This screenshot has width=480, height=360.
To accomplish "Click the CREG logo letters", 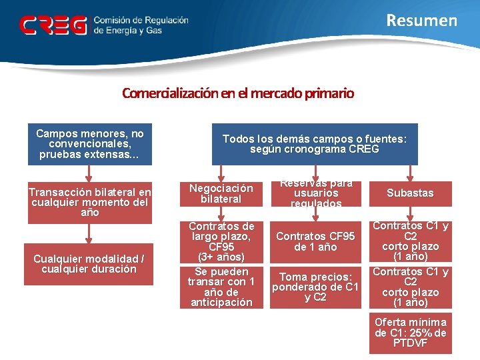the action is [x=53, y=25].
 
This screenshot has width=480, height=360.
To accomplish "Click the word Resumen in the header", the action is [x=422, y=21].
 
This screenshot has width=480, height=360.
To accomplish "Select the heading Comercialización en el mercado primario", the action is [x=238, y=93].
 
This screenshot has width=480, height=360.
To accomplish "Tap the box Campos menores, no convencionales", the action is [x=90, y=144].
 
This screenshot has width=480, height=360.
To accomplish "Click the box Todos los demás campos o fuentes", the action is [x=315, y=144].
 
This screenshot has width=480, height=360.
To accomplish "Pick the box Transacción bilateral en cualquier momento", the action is [x=90, y=202].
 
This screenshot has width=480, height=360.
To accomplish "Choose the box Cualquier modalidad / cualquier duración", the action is [x=90, y=264].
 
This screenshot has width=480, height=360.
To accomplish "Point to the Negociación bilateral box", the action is [x=221, y=193].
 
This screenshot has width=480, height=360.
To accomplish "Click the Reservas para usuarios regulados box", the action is [x=317, y=193].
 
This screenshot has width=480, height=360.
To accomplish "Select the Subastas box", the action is [x=410, y=193].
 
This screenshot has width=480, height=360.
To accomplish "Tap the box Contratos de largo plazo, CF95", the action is [x=221, y=241].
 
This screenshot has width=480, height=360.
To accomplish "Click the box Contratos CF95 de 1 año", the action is [x=316, y=241].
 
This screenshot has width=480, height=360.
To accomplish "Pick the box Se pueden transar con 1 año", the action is [x=221, y=287].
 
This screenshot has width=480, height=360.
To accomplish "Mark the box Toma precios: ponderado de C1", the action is [x=316, y=287].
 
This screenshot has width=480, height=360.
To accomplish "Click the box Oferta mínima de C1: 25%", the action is [x=410, y=333].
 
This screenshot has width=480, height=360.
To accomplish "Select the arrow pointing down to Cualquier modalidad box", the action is [x=90, y=233].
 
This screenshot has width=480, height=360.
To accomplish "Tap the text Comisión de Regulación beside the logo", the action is [x=141, y=20].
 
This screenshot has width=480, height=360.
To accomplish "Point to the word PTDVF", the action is [x=410, y=343].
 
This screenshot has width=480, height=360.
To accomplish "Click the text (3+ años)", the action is [x=221, y=257].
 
